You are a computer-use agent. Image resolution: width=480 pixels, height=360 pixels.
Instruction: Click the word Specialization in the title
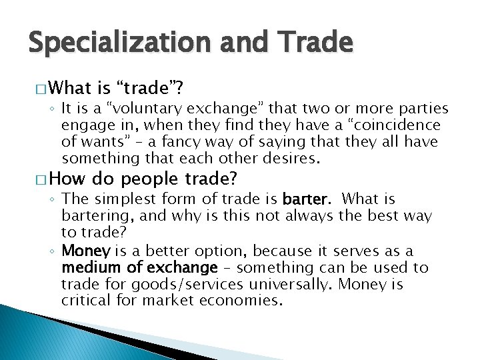117,43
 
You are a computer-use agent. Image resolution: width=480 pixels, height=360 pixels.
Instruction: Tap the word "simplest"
123,199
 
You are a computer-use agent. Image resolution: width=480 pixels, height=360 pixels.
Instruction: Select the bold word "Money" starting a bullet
82,251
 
